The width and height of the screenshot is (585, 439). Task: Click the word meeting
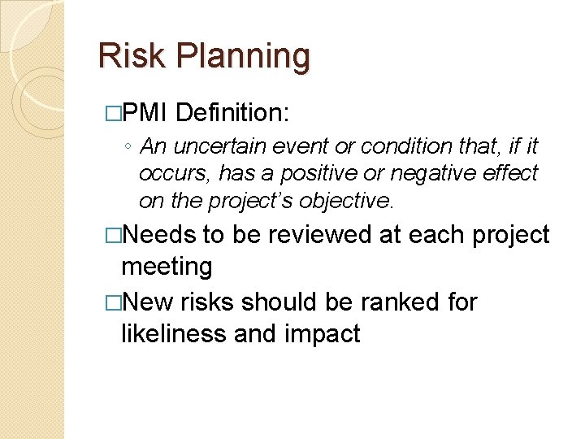pyautogui.click(x=167, y=266)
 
